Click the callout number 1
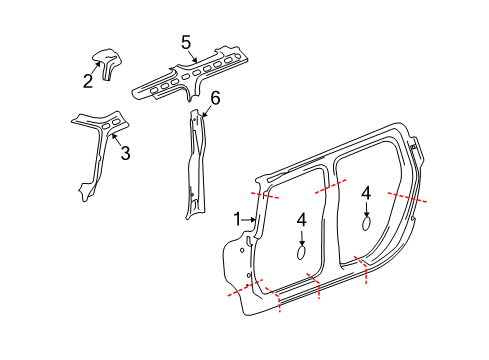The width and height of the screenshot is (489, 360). pyautogui.click(x=237, y=219)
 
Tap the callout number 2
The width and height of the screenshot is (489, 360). pyautogui.click(x=88, y=81)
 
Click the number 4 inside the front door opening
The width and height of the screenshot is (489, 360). pyautogui.click(x=301, y=218)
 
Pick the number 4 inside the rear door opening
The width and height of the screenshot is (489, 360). pyautogui.click(x=366, y=192)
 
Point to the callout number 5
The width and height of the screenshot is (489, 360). pyautogui.click(x=186, y=42)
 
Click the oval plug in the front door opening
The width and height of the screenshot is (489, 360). pyautogui.click(x=301, y=255)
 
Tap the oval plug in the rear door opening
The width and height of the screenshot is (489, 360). pyautogui.click(x=366, y=225)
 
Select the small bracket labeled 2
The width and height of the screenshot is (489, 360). pyautogui.click(x=105, y=64)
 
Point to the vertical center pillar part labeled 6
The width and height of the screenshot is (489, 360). pyautogui.click(x=194, y=165)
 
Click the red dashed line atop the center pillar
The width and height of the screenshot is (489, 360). pyautogui.click(x=330, y=186)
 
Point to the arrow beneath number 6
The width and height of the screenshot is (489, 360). pyautogui.click(x=207, y=111)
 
